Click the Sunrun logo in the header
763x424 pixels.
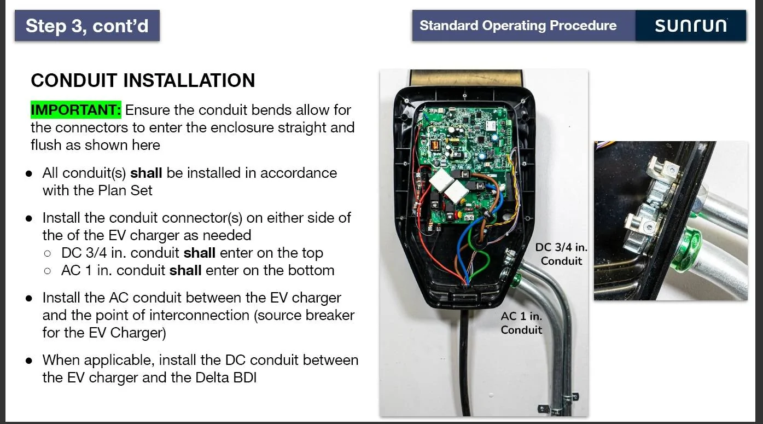click(691, 26)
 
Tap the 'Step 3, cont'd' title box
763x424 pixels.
click(87, 26)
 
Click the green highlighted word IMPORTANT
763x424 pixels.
click(76, 110)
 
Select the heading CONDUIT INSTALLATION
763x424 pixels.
click(143, 80)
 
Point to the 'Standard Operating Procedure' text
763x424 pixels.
click(518, 26)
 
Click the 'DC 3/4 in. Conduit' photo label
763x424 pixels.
click(561, 254)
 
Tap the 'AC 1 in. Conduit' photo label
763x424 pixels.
click(521, 323)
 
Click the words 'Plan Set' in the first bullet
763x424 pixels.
click(125, 190)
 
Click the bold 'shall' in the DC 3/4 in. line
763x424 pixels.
click(200, 253)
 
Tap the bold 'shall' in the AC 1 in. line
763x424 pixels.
click(185, 270)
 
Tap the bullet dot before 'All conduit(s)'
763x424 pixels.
click(29, 173)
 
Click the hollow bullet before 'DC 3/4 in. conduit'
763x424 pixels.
click(48, 253)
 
